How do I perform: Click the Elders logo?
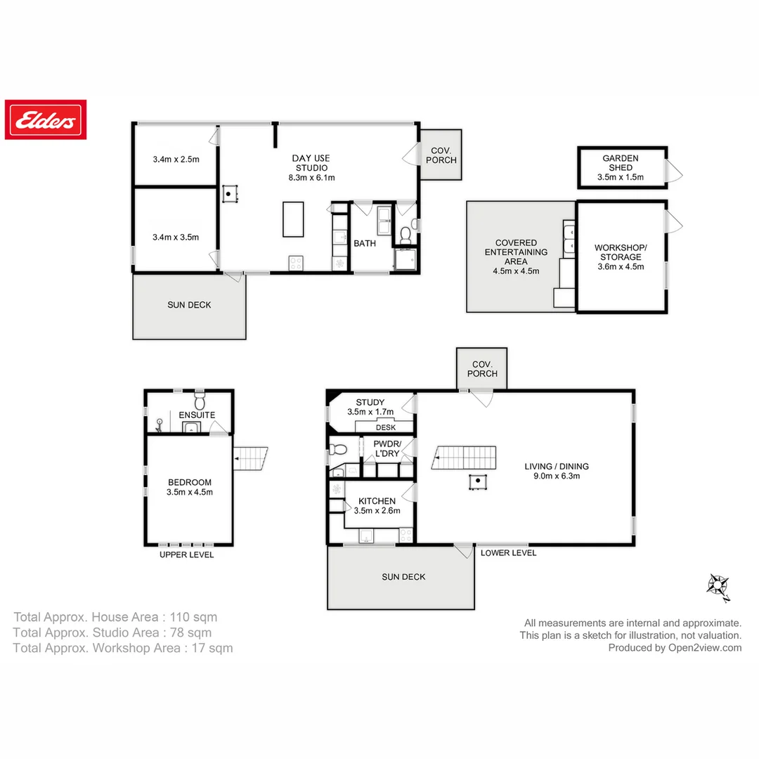click(x=46, y=119)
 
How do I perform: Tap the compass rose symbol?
click(x=718, y=585)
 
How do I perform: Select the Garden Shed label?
click(x=620, y=167)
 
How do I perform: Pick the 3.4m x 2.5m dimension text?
click(x=176, y=159)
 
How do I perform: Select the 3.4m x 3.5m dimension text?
click(x=176, y=237)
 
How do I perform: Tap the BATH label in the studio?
click(x=365, y=244)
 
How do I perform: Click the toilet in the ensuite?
click(x=199, y=401)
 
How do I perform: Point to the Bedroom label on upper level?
click(x=190, y=486)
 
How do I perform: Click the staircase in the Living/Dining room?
click(x=464, y=458)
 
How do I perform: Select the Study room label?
click(x=370, y=407)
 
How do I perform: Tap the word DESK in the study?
click(x=386, y=427)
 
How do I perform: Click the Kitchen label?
click(x=377, y=505)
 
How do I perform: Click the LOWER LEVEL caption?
click(x=508, y=553)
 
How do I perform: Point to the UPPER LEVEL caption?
click(x=186, y=555)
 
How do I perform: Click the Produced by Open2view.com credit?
click(x=675, y=648)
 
